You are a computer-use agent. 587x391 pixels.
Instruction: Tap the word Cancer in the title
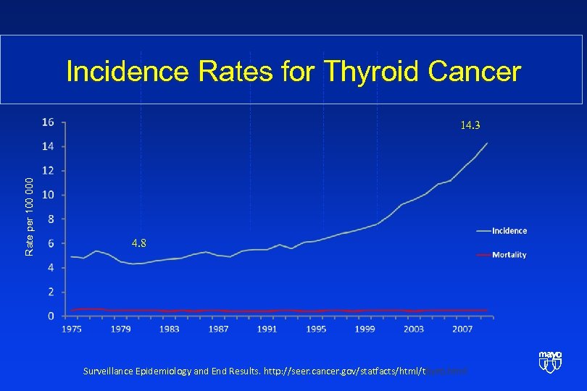pos(475,72)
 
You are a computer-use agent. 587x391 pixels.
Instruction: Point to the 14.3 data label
pos(470,125)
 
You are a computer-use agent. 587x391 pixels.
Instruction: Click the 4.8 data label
pos(138,243)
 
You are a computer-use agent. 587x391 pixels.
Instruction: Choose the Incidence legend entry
pos(509,231)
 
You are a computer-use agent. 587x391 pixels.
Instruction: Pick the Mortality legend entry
pos(509,255)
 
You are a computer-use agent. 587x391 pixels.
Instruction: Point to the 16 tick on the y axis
pos(47,122)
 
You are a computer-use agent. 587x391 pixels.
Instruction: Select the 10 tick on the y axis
pos(47,195)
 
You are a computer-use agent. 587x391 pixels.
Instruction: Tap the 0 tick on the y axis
pos(50,316)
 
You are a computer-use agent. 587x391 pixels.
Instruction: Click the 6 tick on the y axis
pos(50,243)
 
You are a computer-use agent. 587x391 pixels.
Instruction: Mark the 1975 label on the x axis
pos(71,329)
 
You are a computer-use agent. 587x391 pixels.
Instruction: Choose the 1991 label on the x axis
pos(267,329)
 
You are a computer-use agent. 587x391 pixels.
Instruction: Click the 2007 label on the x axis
pos(462,329)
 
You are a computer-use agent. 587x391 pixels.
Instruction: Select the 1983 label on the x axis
pos(169,329)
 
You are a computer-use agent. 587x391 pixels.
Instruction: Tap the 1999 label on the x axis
pos(365,329)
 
